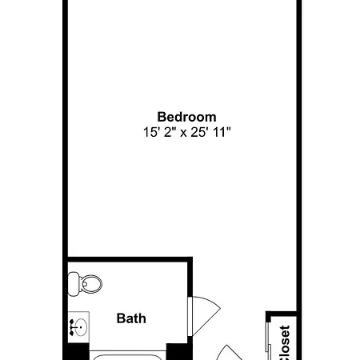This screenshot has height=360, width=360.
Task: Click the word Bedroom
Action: coord(186,117)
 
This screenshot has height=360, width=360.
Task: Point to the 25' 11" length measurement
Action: coord(210,132)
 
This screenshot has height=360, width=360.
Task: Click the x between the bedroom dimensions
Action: coord(183,133)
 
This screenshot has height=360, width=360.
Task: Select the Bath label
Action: coord(131,318)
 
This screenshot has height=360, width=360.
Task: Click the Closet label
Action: coord(285,342)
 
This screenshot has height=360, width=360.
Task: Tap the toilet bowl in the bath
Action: coord(91,284)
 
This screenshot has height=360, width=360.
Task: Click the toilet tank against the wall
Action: coord(74,284)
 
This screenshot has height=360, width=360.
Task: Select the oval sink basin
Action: coord(81,327)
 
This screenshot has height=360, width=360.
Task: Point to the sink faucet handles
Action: coord(71,327)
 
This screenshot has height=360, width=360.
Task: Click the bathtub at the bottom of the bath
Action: coord(127,357)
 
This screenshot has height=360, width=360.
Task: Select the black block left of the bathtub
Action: coord(78,352)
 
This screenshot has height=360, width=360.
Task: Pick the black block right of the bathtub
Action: coord(178,352)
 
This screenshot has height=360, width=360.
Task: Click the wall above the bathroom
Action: coord(130,259)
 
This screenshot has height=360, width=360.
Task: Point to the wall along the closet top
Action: coord(282,314)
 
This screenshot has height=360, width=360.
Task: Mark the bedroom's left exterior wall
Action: coord(65,180)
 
